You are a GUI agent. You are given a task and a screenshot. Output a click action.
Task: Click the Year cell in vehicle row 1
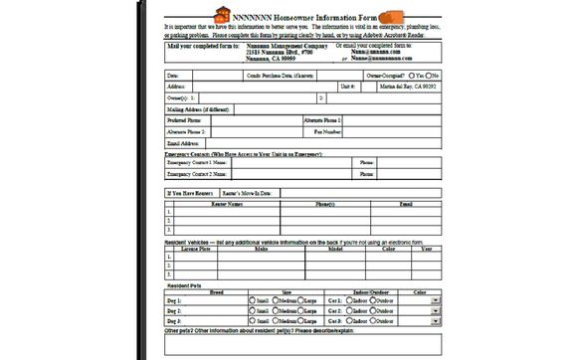[426, 256]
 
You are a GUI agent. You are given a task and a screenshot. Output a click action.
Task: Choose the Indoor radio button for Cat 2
[347, 310]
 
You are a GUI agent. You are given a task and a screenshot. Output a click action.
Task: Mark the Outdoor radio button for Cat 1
[375, 299]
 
